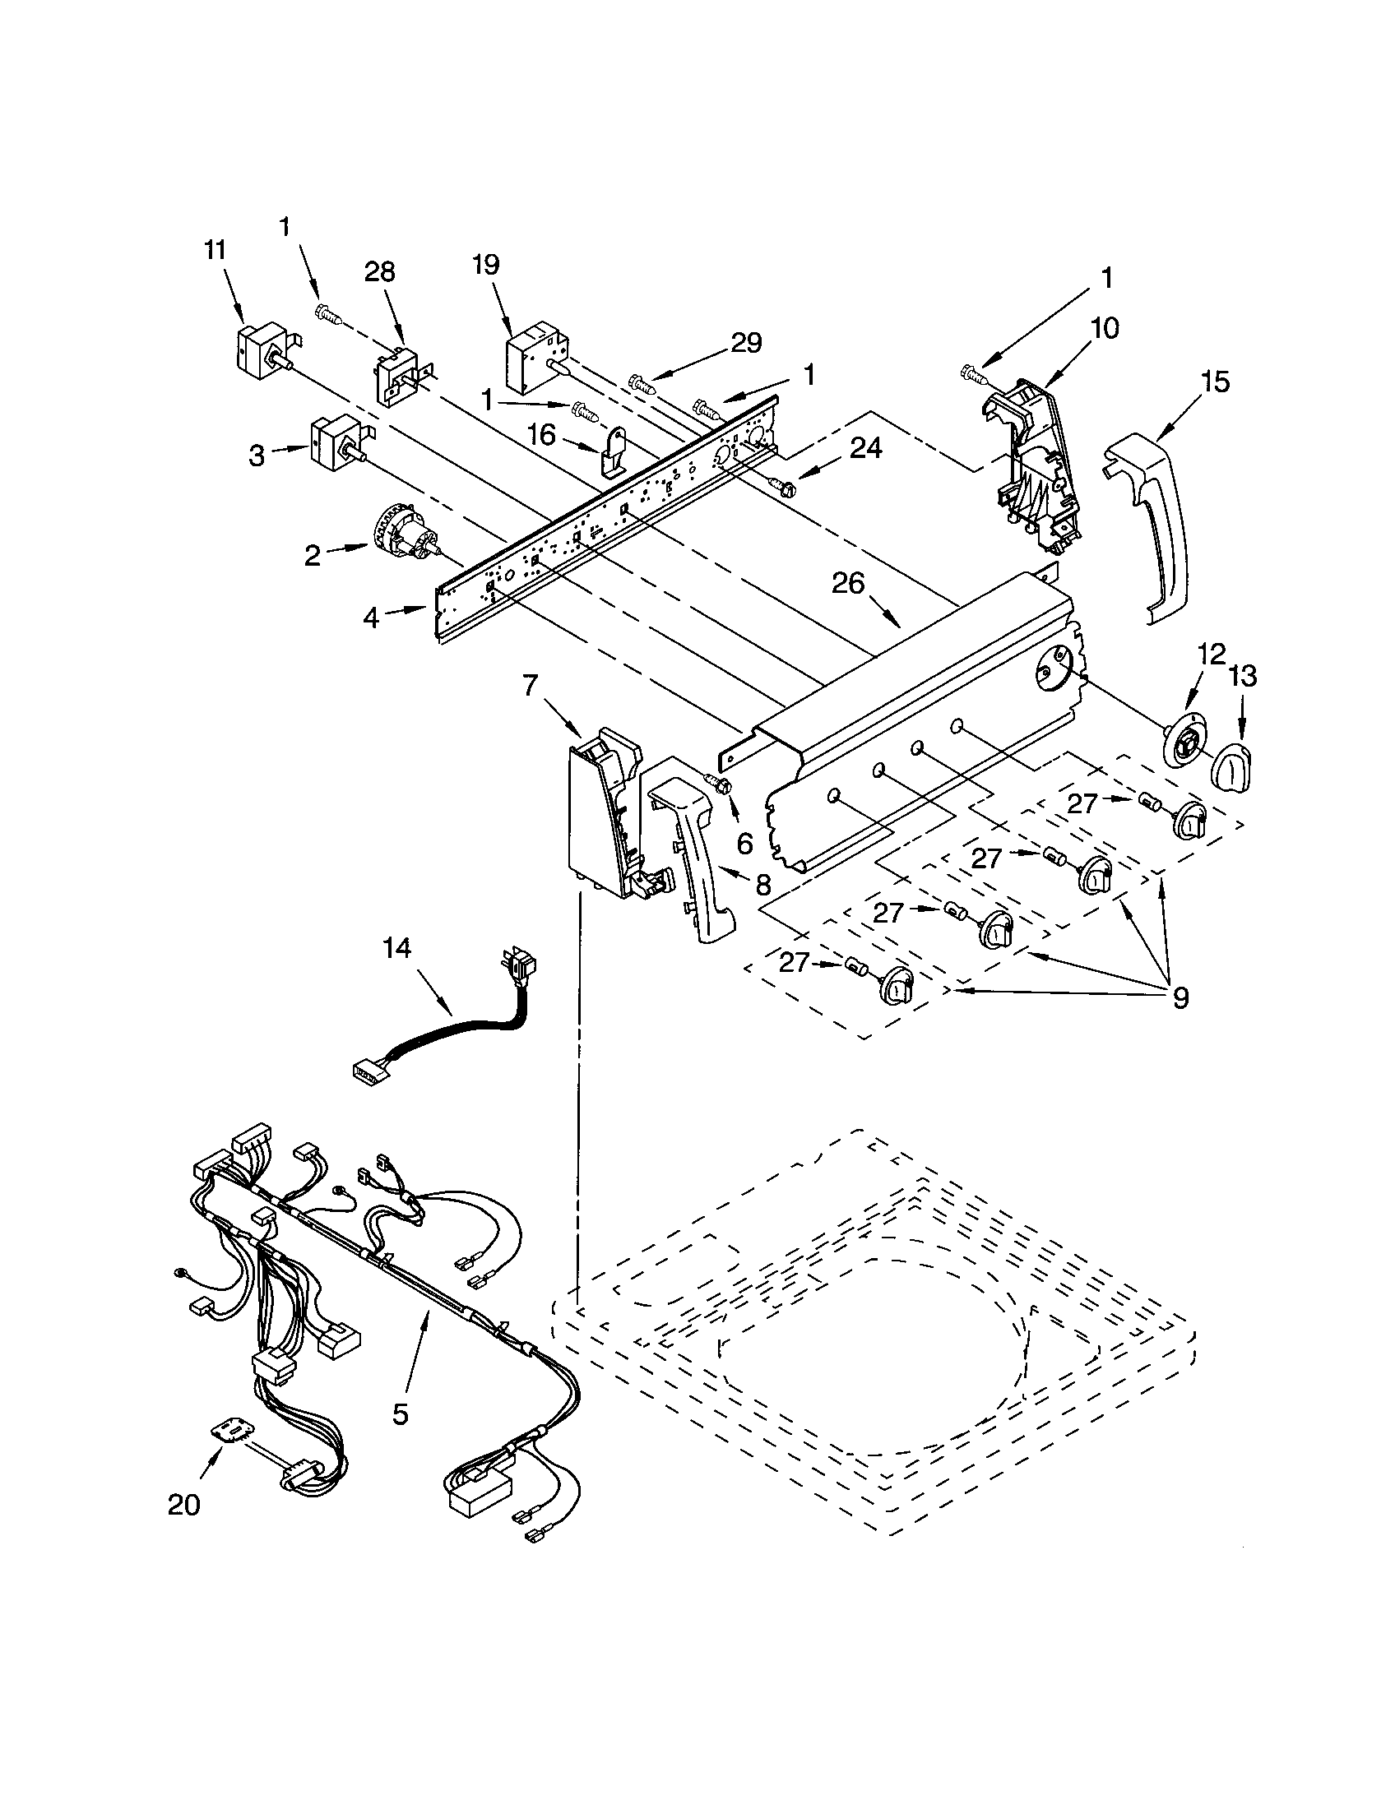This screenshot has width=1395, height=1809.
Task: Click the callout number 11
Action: [215, 250]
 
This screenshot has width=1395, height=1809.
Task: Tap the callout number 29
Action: [745, 344]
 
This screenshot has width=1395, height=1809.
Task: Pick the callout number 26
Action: [848, 585]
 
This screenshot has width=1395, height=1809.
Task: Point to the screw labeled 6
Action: [717, 783]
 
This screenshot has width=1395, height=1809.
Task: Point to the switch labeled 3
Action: [331, 442]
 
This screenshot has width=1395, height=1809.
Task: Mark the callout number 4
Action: [371, 617]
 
